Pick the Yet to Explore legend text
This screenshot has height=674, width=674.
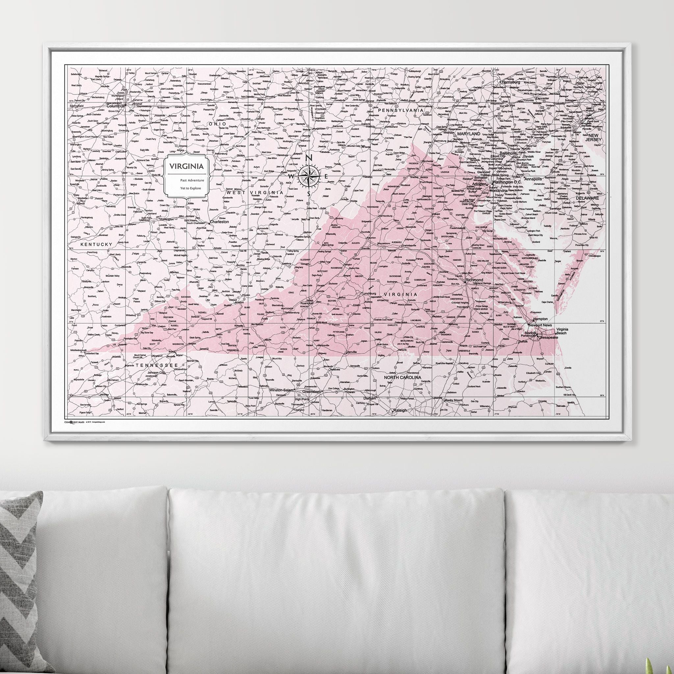[190, 188]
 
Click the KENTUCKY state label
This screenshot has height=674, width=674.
[97, 245]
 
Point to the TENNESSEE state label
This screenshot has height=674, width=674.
[154, 365]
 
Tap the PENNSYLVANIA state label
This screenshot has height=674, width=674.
[401, 110]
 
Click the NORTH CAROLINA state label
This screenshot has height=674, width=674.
[402, 377]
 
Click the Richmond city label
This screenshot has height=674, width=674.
[475, 280]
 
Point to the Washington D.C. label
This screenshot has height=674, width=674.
[506, 182]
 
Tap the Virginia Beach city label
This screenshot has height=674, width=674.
[562, 331]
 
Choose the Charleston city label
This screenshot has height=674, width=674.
[220, 221]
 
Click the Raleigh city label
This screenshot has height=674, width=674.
[400, 410]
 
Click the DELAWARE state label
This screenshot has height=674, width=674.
[587, 198]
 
